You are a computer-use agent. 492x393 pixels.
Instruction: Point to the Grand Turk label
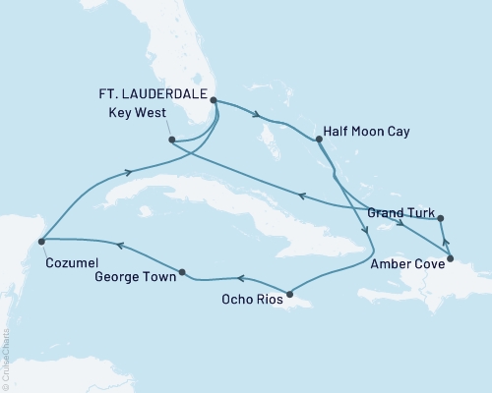pos(398,212)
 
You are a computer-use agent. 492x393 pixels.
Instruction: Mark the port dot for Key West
pos(172,140)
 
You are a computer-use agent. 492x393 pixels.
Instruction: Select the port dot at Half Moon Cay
pos(318,140)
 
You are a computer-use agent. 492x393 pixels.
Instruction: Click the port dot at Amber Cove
pos(450,261)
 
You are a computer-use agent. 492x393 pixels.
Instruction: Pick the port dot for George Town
pos(182,271)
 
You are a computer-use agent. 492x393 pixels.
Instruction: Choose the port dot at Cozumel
pos(40,238)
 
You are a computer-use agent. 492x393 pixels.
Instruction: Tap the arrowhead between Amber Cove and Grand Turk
pos(444,239)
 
